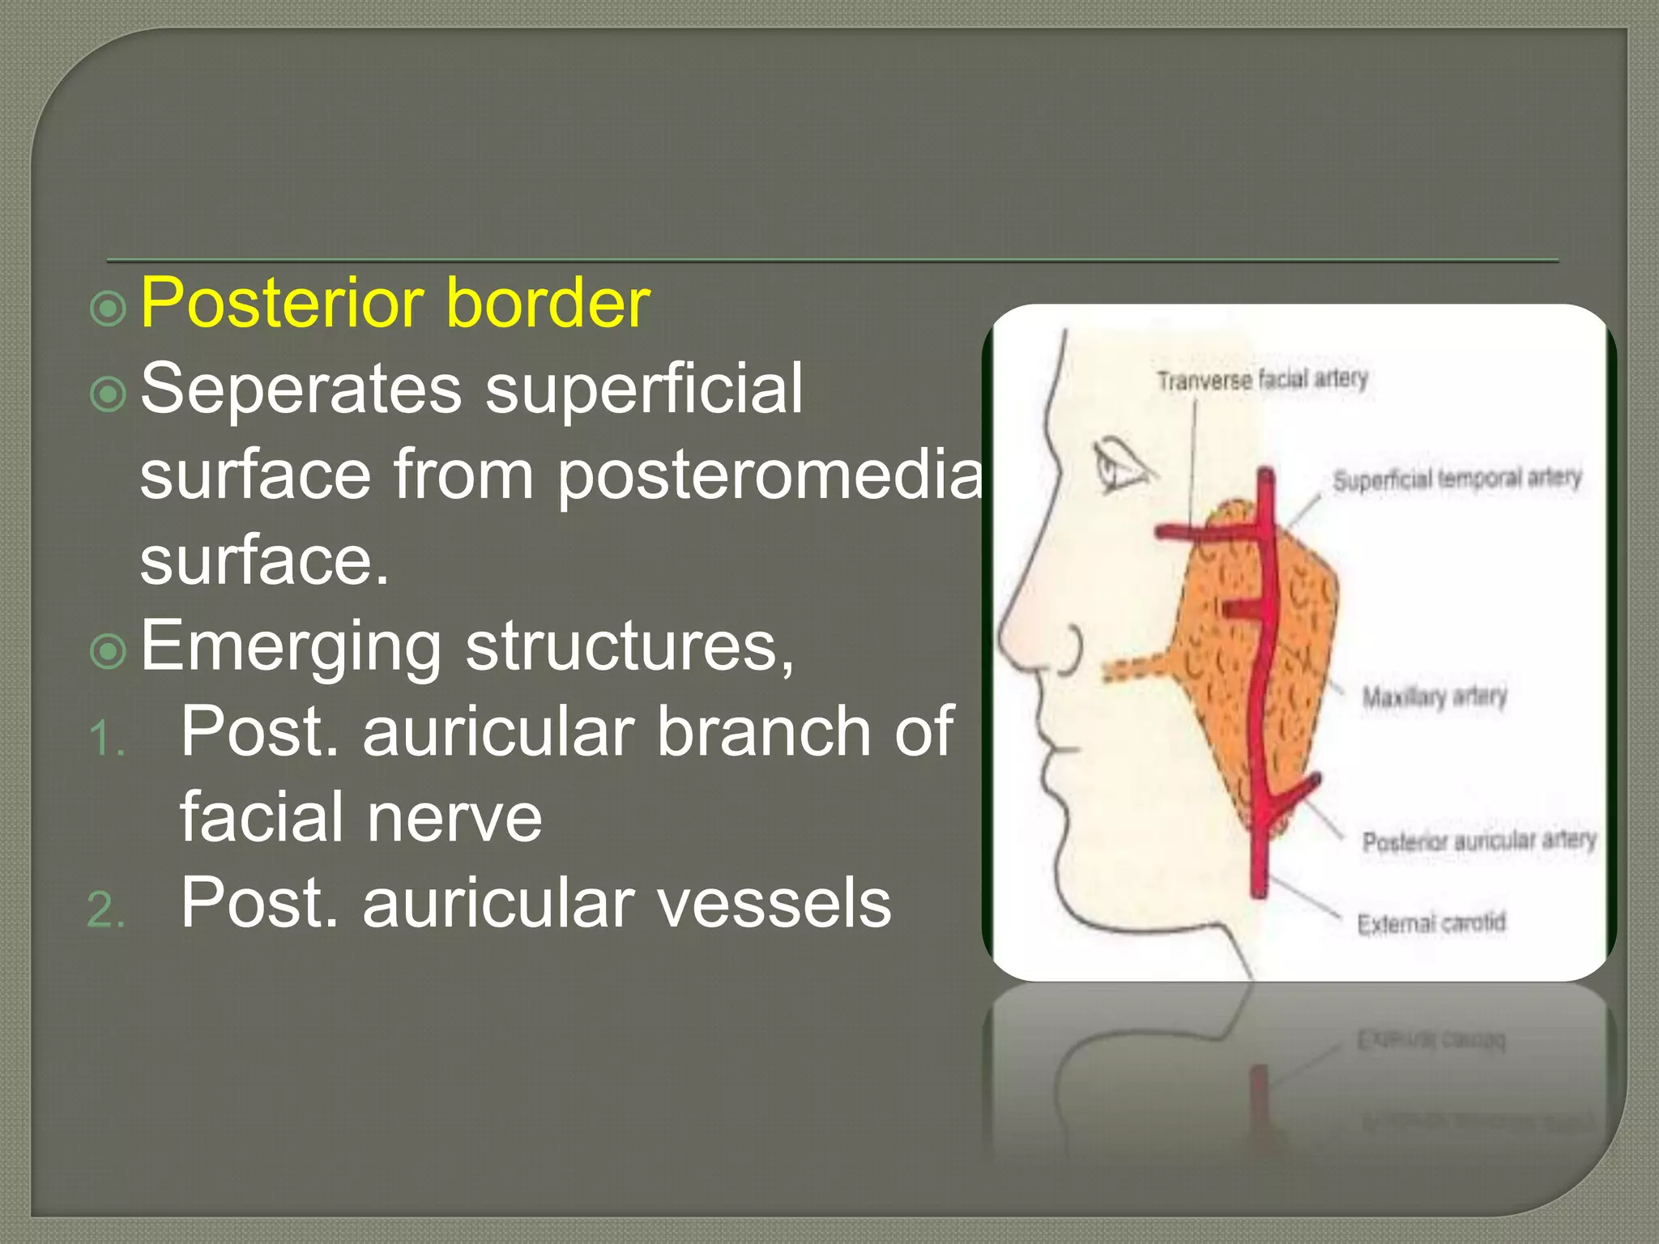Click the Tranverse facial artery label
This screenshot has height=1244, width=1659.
coord(1262,379)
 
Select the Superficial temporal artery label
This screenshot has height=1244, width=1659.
coord(1456,479)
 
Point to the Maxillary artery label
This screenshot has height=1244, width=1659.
coord(1434,697)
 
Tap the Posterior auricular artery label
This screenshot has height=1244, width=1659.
coord(1478,841)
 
